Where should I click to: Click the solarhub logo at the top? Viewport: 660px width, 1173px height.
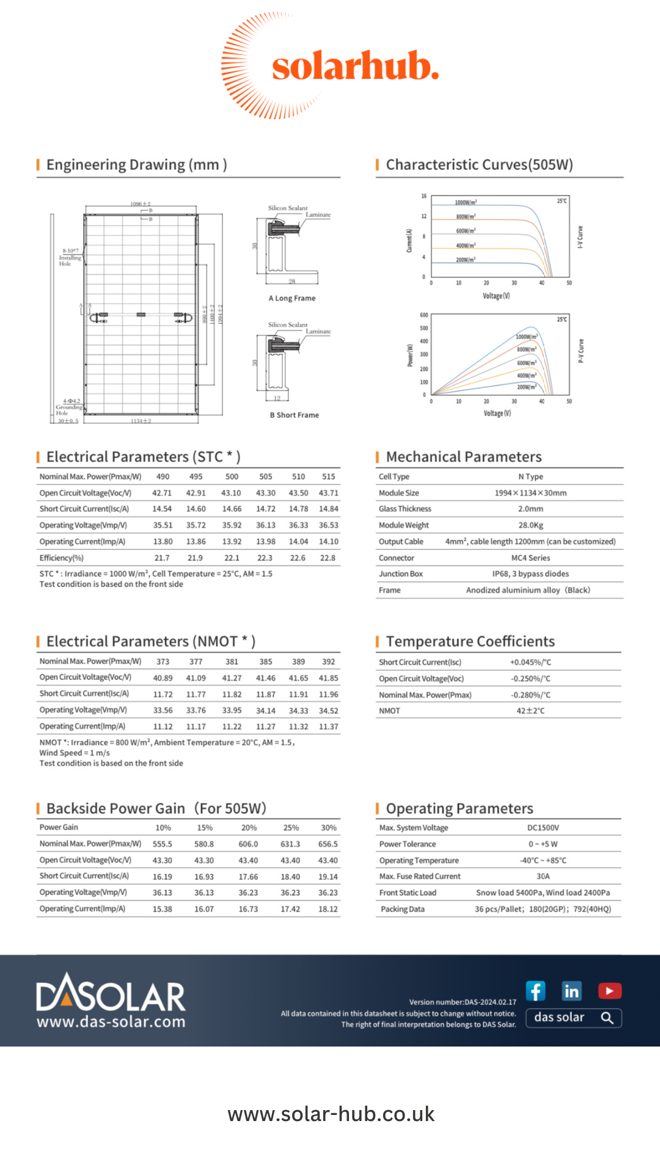[330, 66]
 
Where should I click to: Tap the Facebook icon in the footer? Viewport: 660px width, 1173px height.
[535, 990]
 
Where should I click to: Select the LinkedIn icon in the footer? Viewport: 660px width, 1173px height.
[572, 990]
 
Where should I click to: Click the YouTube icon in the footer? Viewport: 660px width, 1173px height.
[609, 990]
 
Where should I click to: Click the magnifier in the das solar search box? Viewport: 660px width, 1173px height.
[607, 1018]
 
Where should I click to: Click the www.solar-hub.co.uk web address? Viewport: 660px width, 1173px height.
[331, 1114]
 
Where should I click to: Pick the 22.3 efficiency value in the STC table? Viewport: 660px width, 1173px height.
[265, 558]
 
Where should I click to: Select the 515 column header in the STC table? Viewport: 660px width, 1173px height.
[329, 477]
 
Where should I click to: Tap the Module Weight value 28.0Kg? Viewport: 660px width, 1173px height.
[530, 525]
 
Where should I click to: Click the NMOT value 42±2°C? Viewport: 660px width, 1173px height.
[530, 711]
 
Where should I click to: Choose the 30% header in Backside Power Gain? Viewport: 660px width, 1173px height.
[329, 828]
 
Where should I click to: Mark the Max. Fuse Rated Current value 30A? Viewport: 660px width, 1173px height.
[543, 877]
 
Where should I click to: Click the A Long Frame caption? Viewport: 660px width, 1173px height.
[292, 298]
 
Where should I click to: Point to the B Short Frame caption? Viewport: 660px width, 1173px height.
[295, 415]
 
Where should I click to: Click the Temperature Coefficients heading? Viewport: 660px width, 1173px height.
[470, 641]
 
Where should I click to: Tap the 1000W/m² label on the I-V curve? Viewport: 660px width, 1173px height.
[466, 202]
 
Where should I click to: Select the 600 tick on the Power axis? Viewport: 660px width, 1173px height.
[424, 315]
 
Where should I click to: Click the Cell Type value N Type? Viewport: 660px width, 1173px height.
[530, 477]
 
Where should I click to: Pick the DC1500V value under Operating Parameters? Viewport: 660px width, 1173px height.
[543, 828]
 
